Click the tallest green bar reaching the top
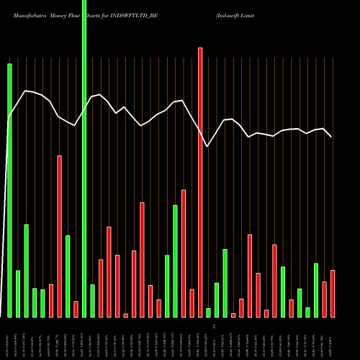pyautogui.click(x=84, y=158)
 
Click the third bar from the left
pyautogui.click(x=27, y=271)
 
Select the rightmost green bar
pyautogui.click(x=316, y=290)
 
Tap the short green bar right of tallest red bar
pyautogui.click(x=208, y=312)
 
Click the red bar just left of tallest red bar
pyautogui.click(x=192, y=303)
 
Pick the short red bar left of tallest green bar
pyautogui.click(x=76, y=309)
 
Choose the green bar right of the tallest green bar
pyautogui.click(x=92, y=301)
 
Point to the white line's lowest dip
pyautogui.click(x=207, y=146)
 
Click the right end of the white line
pyautogui.click(x=332, y=137)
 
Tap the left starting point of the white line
pyautogui.click(x=8, y=118)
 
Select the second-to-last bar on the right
pyautogui.click(x=324, y=300)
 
